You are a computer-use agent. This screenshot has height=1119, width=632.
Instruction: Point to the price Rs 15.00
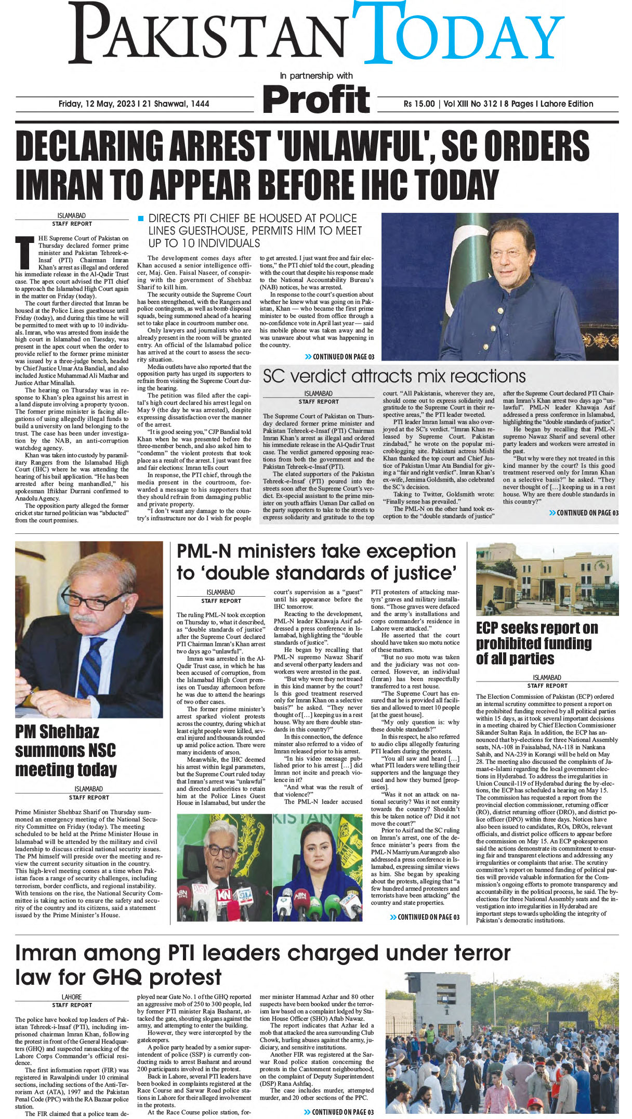click(x=419, y=104)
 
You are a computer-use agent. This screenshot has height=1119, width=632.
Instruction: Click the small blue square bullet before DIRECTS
click(x=140, y=218)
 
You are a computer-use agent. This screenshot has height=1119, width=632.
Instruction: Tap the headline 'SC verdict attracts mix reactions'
click(x=394, y=376)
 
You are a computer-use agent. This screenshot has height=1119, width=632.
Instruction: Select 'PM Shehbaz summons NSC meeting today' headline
click(x=66, y=751)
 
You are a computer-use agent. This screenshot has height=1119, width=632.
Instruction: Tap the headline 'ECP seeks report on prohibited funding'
click(x=536, y=643)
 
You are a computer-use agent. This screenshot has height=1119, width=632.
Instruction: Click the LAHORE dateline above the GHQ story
click(x=72, y=997)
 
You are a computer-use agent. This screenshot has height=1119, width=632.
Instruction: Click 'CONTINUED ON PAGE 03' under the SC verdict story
click(x=584, y=513)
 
